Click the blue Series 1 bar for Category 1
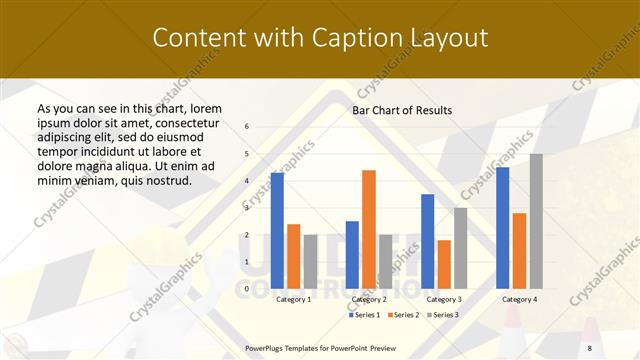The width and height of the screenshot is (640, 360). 277,231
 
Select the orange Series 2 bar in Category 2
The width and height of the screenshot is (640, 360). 369,229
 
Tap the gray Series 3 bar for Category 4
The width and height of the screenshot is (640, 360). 536,221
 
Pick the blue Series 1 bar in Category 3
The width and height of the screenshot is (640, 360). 427,241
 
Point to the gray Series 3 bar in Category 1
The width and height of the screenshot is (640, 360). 310,261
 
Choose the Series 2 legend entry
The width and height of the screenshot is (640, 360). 405,315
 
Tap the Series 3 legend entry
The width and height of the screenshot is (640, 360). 444,315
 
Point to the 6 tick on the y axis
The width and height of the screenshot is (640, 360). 247,126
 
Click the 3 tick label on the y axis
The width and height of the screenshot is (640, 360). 247,208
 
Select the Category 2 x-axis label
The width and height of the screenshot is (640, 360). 368,299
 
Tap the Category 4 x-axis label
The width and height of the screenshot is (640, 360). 518,299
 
